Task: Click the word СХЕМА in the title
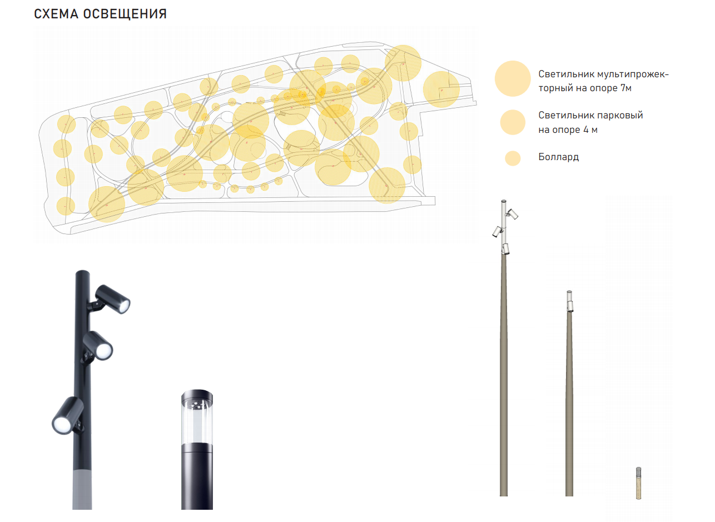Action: click(x=56, y=14)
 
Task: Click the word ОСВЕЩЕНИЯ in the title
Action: click(x=125, y=14)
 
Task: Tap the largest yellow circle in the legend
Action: click(x=513, y=78)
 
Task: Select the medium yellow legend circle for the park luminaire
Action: click(x=513, y=122)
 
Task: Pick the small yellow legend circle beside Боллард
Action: click(x=513, y=158)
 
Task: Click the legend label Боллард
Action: click(x=558, y=157)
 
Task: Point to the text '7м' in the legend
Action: click(x=626, y=88)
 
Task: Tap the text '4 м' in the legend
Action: click(x=590, y=130)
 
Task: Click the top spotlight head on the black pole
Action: click(x=113, y=299)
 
